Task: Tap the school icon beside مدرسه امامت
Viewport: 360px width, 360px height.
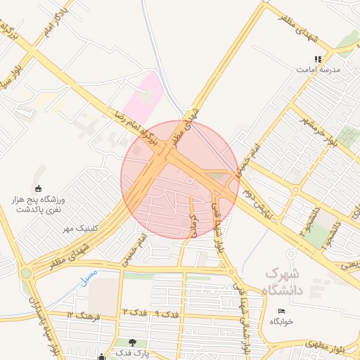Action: point(319,60)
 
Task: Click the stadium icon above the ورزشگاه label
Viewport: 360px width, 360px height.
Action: point(39,188)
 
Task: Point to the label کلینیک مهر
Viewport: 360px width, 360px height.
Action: point(78,229)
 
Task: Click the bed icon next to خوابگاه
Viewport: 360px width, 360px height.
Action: point(282,310)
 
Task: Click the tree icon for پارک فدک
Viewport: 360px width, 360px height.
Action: point(132,342)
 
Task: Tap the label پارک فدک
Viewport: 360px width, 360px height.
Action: point(131,353)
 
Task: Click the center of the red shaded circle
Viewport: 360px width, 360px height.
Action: point(180,180)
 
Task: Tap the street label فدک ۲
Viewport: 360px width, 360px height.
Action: point(128,311)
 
